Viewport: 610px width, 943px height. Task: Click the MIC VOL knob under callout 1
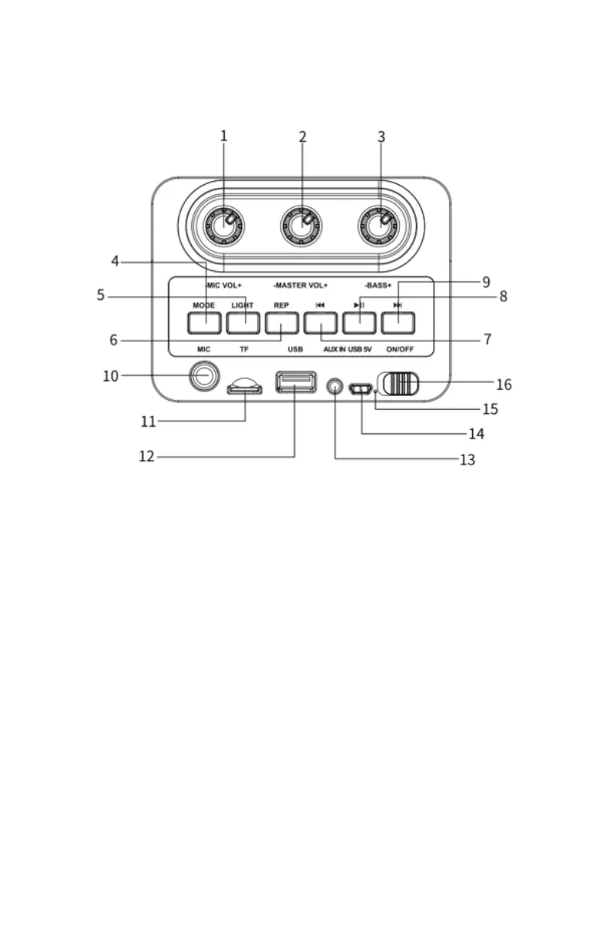point(224,226)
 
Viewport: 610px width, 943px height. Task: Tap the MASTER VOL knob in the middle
point(301,226)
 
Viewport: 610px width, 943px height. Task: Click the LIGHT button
point(242,323)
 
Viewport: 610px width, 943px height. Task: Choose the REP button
point(281,323)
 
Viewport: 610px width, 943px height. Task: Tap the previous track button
point(320,323)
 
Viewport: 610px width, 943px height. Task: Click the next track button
point(397,323)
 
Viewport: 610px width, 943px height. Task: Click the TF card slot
point(244,389)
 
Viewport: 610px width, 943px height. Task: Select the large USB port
point(296,382)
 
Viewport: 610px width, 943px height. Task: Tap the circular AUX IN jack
point(334,385)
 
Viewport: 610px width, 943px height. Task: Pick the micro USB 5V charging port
point(359,390)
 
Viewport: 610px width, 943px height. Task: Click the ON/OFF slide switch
point(399,384)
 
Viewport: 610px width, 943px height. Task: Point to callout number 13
point(467,460)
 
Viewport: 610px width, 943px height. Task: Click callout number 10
point(111,376)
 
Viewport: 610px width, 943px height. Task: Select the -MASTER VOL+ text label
point(300,286)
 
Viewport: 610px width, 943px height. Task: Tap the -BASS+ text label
point(378,286)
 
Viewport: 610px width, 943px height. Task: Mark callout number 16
point(504,384)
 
